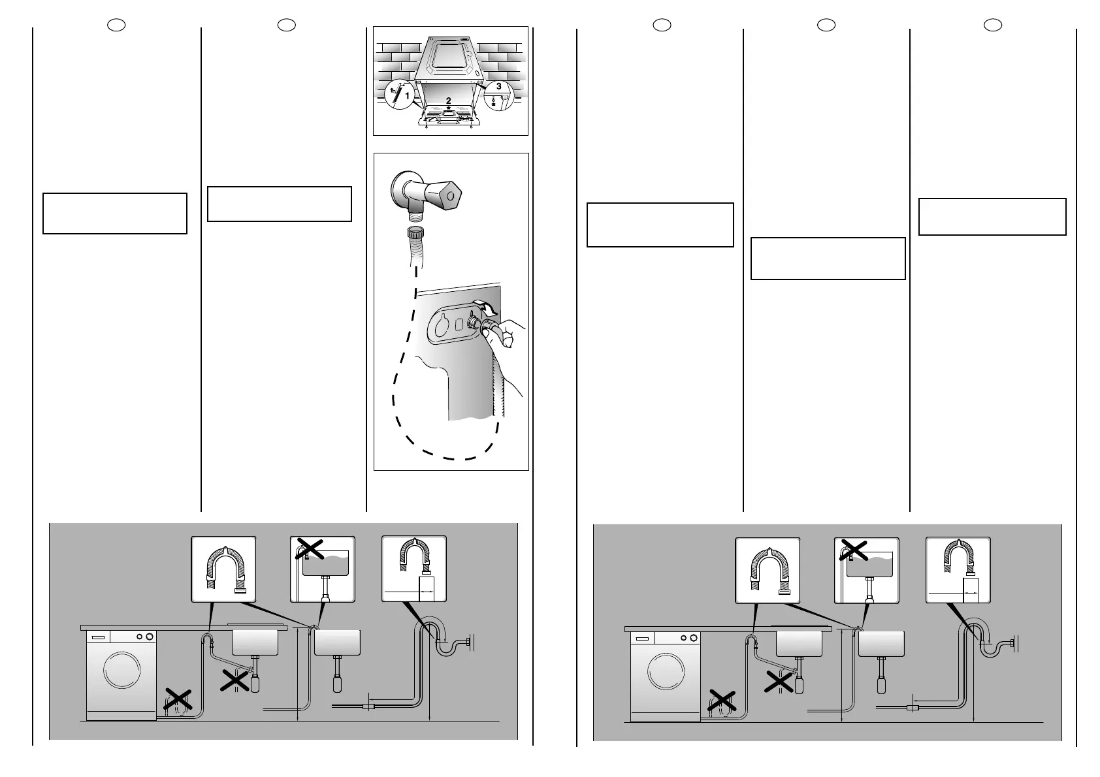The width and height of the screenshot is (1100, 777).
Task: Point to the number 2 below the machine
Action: [448, 100]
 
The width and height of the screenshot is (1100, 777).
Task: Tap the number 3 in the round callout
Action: [498, 87]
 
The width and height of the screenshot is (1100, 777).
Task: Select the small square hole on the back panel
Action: [460, 323]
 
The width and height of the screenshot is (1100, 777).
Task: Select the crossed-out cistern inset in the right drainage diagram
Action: [866, 570]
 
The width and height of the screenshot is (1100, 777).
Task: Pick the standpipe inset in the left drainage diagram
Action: [413, 569]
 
